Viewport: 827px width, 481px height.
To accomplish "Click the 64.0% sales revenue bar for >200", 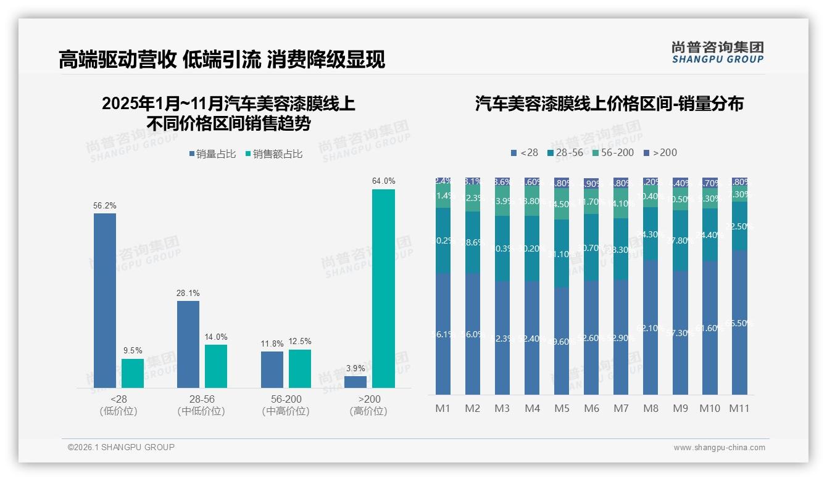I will point(383,289).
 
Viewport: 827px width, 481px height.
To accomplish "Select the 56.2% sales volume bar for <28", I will point(105,300).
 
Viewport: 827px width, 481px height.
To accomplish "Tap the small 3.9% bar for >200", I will point(355,382).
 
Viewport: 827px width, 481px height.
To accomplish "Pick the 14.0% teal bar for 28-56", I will point(216,366).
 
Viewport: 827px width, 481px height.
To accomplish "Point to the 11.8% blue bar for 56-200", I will point(272,369).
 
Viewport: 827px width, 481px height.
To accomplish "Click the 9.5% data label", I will point(133,351).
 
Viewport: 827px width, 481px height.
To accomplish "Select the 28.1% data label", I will point(188,293).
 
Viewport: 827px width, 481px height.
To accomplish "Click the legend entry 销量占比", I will point(212,154).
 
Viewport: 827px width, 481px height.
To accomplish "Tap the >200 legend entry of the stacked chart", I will point(660,152).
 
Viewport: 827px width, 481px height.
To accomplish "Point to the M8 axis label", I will point(650,408).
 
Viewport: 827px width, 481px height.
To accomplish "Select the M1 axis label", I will point(443,408).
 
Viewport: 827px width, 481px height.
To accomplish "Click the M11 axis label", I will point(739,408).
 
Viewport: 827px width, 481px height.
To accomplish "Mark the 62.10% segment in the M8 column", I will point(650,327).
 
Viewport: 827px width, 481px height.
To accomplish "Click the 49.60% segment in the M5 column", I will point(561,341).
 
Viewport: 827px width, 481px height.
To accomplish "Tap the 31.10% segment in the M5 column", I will point(561,253).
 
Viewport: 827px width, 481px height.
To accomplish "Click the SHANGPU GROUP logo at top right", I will point(717,52).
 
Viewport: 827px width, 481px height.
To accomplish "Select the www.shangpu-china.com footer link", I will point(719,448).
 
